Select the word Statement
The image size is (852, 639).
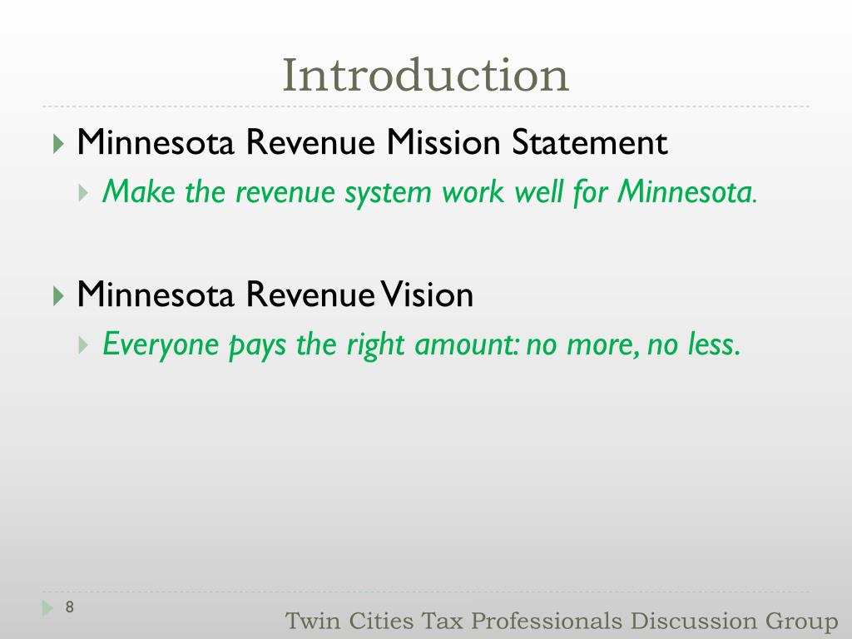click(x=589, y=143)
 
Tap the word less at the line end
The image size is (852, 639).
click(x=714, y=344)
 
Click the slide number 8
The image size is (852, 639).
click(x=70, y=607)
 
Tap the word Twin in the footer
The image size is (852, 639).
click(x=309, y=621)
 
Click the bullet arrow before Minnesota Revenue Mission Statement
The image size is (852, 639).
click(x=57, y=144)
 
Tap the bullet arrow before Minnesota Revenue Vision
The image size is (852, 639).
click(x=57, y=295)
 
